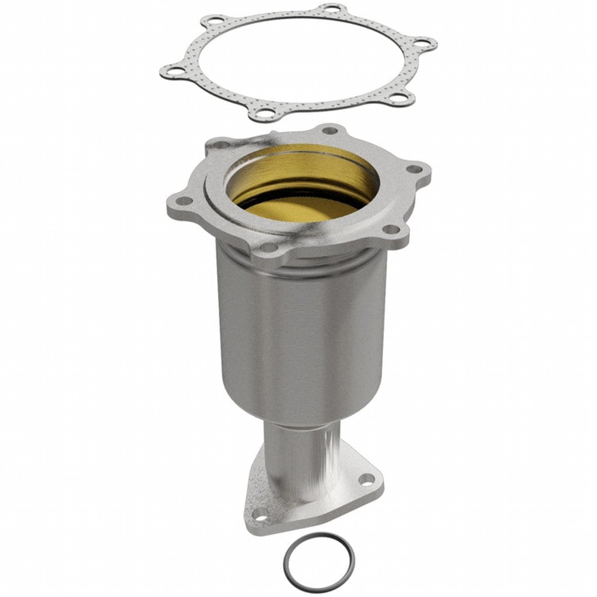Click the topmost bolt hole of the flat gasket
pos(332,9)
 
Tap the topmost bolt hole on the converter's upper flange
pos(329,131)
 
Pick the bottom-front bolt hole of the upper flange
pos(269,247)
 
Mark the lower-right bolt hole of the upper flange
pos(389,230)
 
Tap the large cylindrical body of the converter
pos(300,338)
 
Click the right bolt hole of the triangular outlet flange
pos(366,479)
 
